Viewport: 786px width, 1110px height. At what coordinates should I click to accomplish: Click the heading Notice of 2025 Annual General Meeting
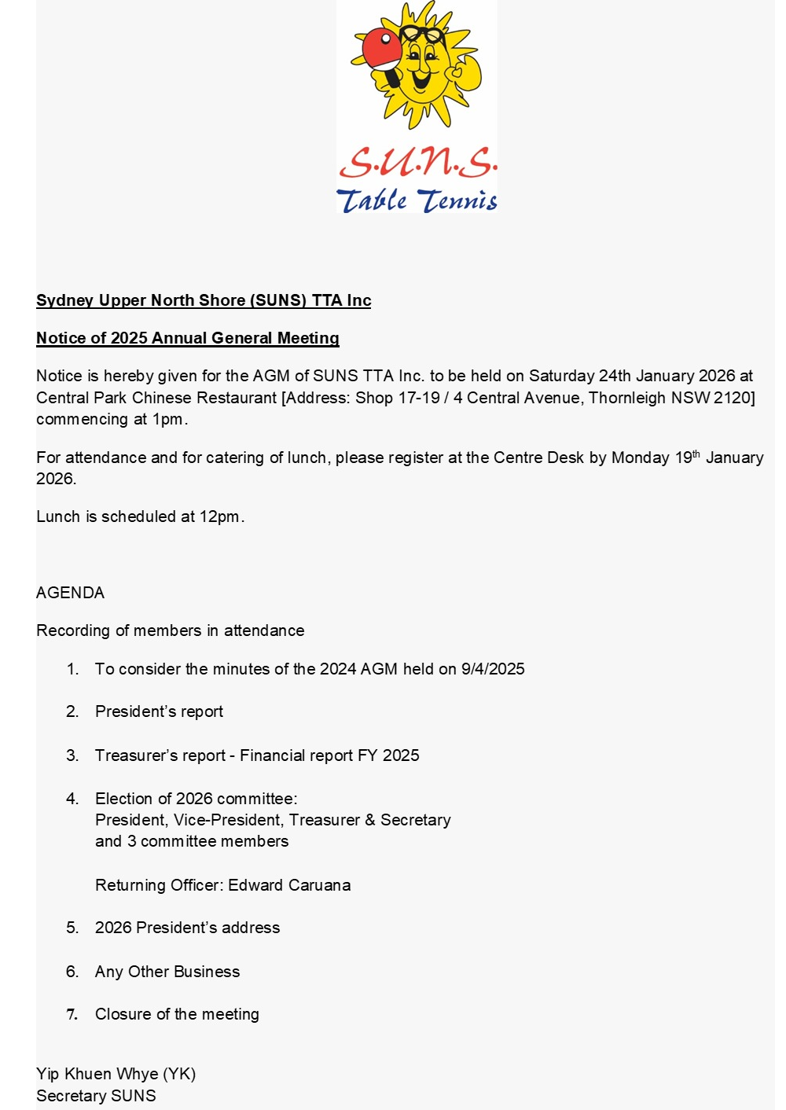click(x=188, y=338)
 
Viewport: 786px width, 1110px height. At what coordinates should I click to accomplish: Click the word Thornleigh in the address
click(x=626, y=398)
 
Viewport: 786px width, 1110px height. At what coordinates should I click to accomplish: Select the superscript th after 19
click(x=696, y=454)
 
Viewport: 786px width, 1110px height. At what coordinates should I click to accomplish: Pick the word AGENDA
click(x=70, y=593)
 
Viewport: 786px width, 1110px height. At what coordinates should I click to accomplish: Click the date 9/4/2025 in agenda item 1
click(x=493, y=669)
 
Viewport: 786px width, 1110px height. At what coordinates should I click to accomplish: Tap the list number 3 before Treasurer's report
click(x=72, y=755)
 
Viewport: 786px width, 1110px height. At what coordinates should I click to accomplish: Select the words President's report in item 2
click(x=159, y=711)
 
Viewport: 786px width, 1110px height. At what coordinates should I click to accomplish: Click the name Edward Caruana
click(x=289, y=885)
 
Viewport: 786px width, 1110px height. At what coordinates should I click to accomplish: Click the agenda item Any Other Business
click(x=167, y=972)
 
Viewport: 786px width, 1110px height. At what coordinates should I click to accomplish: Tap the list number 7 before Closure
click(x=72, y=1014)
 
